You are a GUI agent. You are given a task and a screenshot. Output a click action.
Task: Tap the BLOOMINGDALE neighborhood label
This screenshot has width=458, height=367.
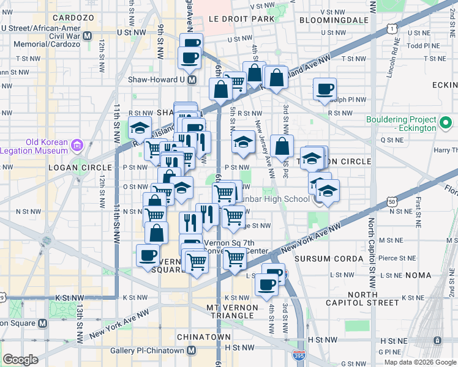(334, 20)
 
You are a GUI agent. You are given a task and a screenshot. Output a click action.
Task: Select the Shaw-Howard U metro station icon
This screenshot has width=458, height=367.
(192, 80)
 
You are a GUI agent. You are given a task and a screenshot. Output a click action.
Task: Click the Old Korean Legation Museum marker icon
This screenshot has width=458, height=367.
(77, 146)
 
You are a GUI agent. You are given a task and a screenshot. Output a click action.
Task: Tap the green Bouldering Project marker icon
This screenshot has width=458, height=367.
(445, 124)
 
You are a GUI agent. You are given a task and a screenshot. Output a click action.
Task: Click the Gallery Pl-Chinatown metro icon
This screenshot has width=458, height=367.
(192, 350)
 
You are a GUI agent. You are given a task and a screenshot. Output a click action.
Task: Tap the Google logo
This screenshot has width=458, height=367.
(20, 360)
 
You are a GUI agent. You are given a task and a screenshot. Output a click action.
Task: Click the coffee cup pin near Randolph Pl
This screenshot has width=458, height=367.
(324, 89)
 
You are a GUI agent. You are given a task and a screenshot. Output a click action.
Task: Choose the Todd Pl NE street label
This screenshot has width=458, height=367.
(419, 45)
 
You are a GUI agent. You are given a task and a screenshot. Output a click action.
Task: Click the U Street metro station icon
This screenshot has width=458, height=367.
(87, 35)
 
